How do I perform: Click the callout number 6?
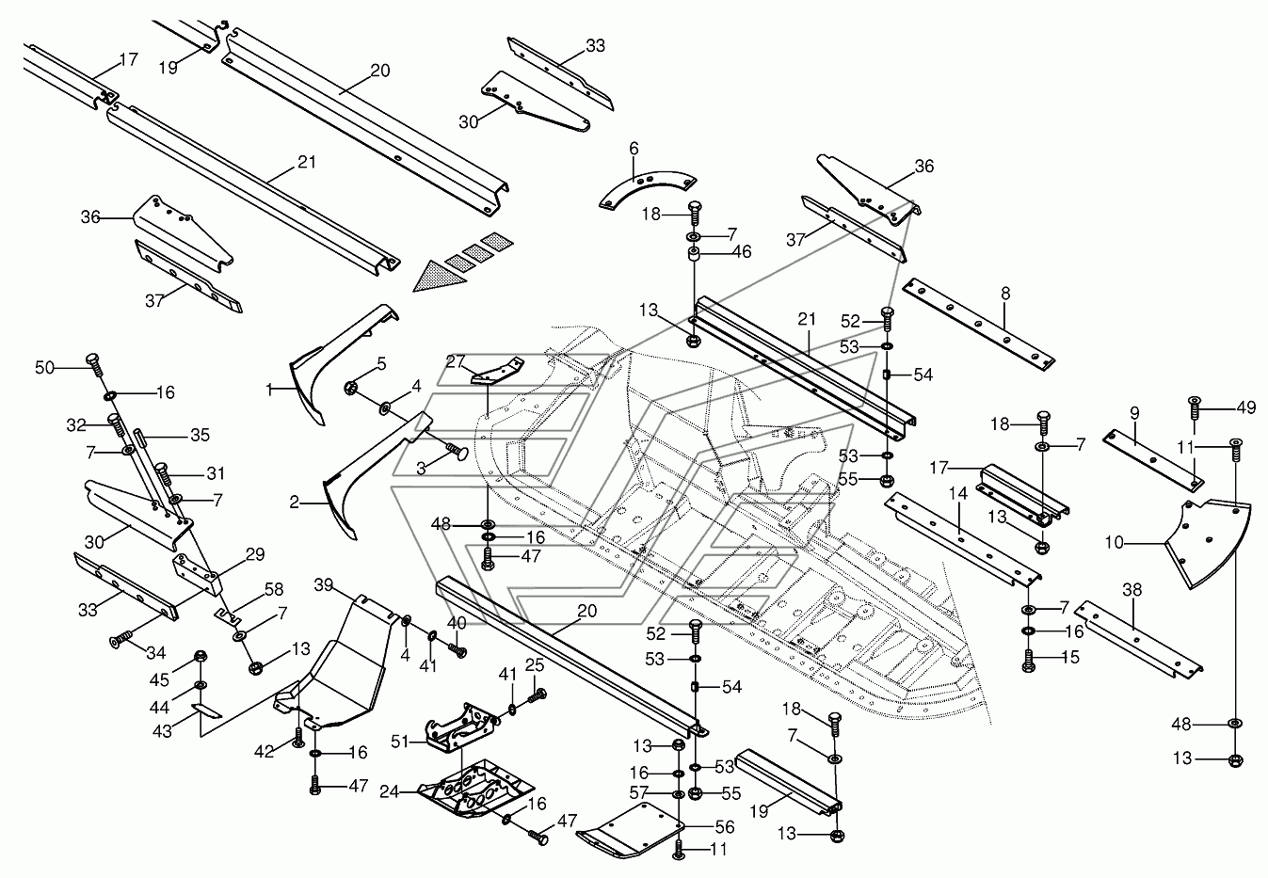[634, 148]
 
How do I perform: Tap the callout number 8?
[1005, 294]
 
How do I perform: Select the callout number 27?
[456, 361]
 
